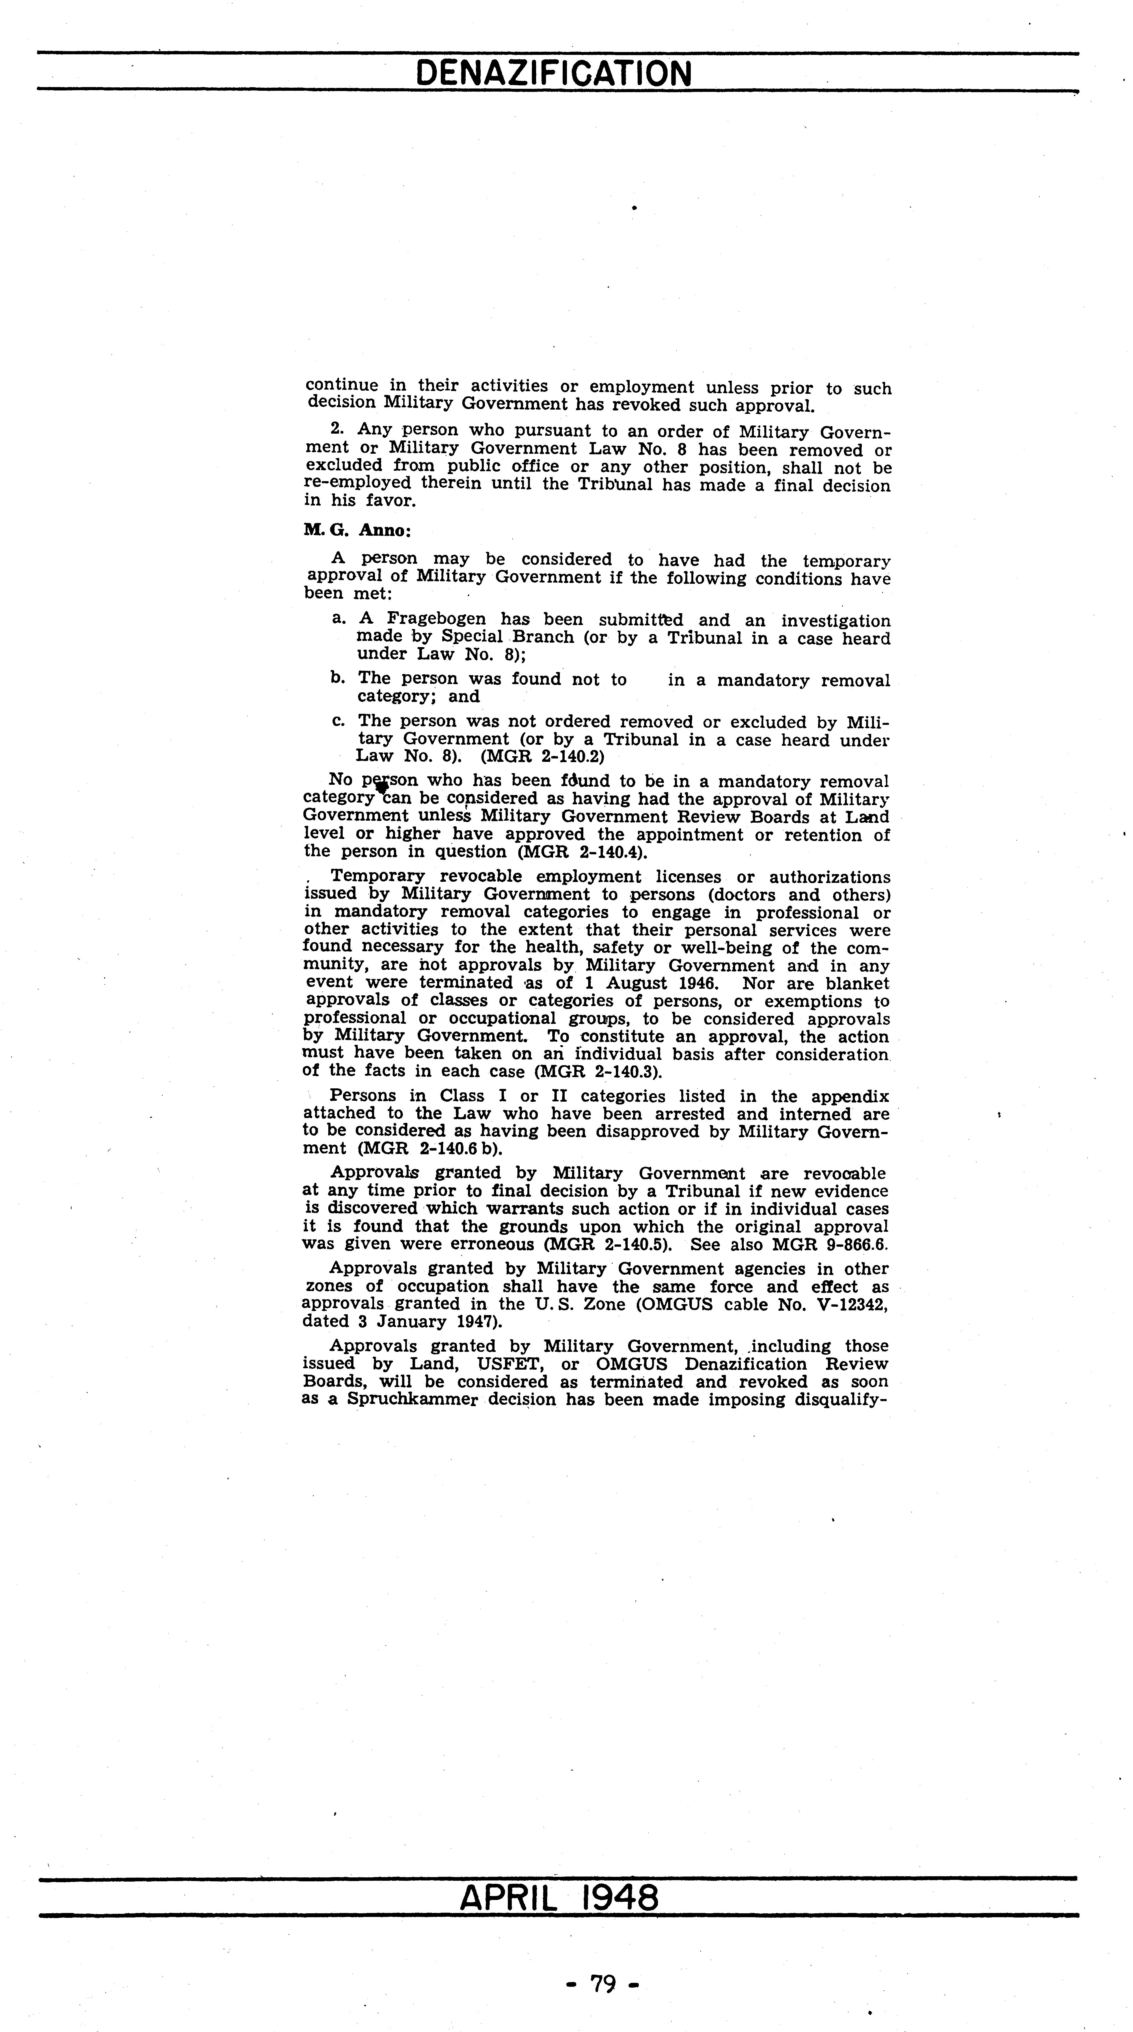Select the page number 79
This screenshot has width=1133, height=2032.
pos(603,1983)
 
